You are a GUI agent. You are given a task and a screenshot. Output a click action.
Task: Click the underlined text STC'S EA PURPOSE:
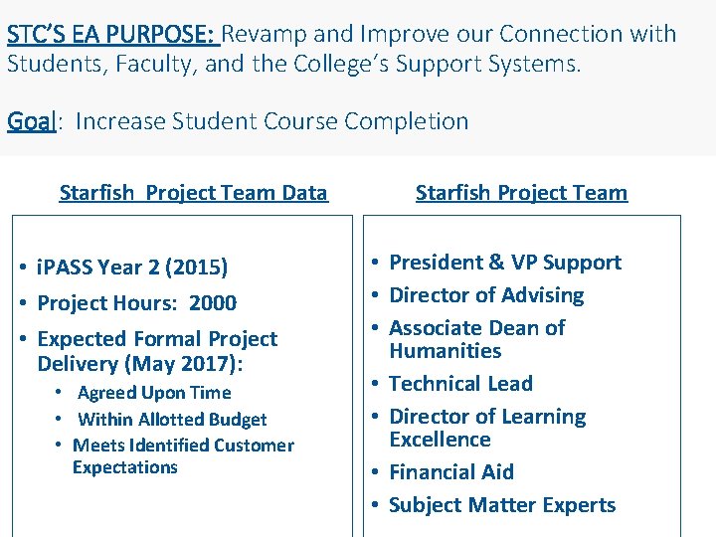click(111, 34)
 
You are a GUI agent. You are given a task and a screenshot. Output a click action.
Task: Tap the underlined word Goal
click(31, 121)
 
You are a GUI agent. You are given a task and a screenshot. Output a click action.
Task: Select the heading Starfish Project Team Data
click(193, 193)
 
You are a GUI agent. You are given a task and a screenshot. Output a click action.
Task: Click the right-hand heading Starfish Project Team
click(521, 193)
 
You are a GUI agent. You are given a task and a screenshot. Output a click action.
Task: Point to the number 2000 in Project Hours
click(214, 303)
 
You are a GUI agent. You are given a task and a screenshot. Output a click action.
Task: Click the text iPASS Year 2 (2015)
click(132, 268)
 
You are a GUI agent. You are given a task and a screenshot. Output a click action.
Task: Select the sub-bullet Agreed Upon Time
click(153, 393)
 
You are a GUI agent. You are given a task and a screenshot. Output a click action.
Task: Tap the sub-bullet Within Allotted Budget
click(172, 420)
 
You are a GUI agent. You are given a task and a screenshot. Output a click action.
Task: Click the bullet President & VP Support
click(504, 263)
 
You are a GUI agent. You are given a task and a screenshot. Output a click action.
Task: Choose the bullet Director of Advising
click(486, 295)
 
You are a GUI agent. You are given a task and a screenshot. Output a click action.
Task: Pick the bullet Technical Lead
click(460, 384)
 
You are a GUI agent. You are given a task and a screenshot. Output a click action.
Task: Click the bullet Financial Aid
click(451, 472)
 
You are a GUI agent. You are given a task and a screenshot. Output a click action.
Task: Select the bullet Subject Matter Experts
click(502, 505)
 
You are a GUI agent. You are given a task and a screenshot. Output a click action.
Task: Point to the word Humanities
click(445, 351)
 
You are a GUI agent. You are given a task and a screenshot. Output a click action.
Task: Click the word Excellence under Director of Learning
click(440, 440)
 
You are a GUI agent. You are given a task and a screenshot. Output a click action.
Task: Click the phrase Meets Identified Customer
click(183, 446)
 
